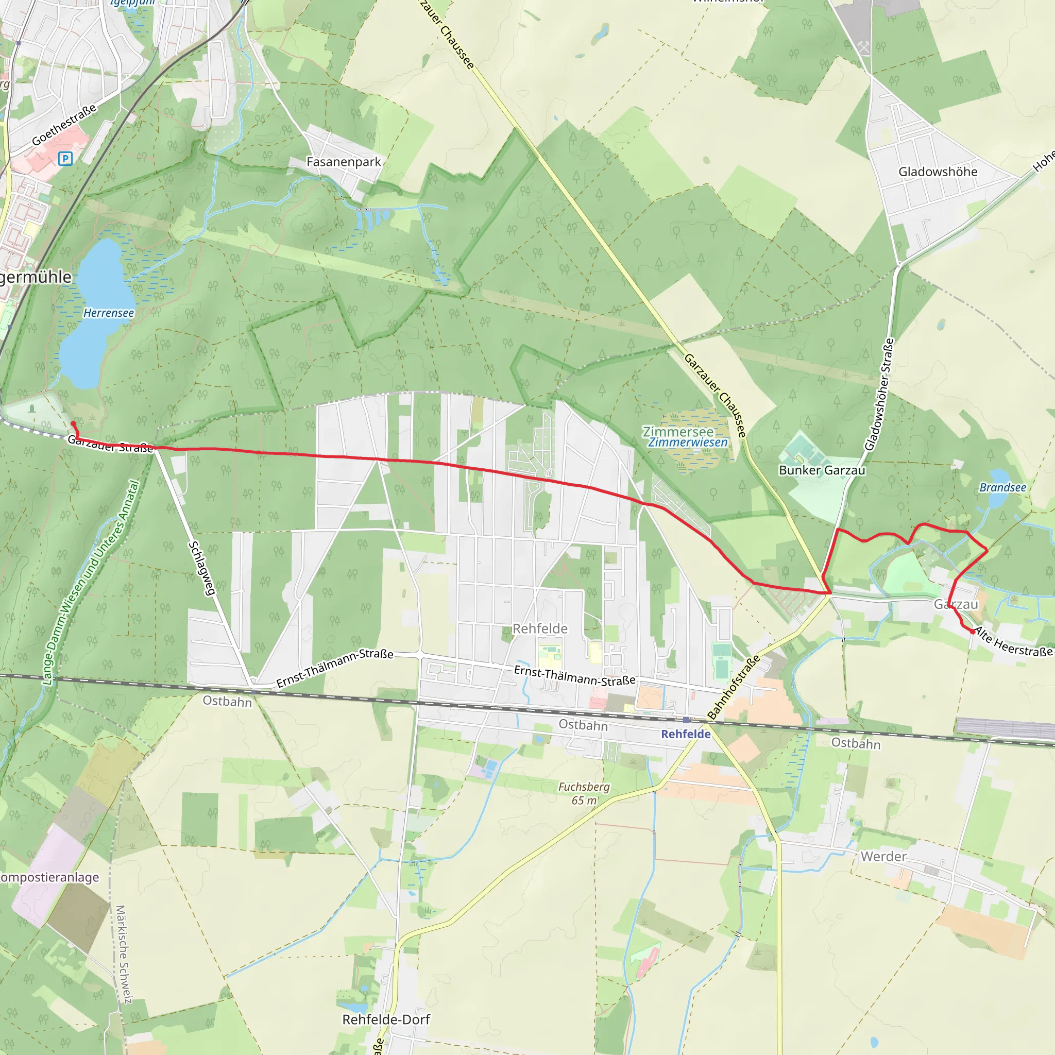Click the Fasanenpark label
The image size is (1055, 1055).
[x=344, y=162]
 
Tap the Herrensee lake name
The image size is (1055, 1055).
[x=109, y=313]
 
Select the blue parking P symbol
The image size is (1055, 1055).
[x=65, y=158]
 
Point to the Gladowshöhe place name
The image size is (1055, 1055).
[x=938, y=172]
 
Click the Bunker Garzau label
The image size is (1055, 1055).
[x=822, y=470]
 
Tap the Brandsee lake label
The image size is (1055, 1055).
[x=1002, y=488]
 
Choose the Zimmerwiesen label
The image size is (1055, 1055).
[x=688, y=443]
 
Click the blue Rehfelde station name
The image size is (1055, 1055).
[x=686, y=734]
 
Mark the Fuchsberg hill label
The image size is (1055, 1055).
[x=584, y=787]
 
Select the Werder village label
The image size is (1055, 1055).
[x=883, y=857]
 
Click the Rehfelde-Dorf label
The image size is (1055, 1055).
[x=386, y=1019]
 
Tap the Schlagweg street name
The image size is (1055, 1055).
[x=201, y=568]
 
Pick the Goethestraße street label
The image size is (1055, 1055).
[x=64, y=125]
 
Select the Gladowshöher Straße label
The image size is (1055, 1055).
[x=879, y=394]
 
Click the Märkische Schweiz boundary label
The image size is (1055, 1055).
[x=124, y=954]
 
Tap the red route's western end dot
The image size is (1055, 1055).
[x=73, y=424]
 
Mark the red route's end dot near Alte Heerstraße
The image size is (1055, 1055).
[x=973, y=632]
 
